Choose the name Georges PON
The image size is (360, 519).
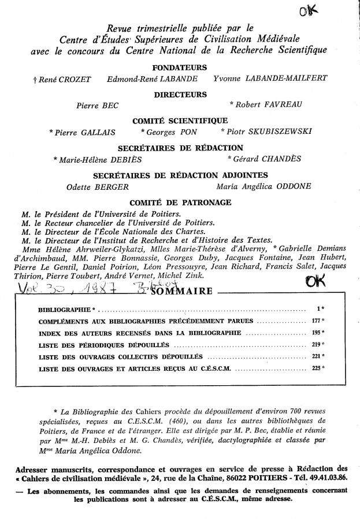pos(182,132)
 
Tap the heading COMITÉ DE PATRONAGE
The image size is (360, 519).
pos(180,202)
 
